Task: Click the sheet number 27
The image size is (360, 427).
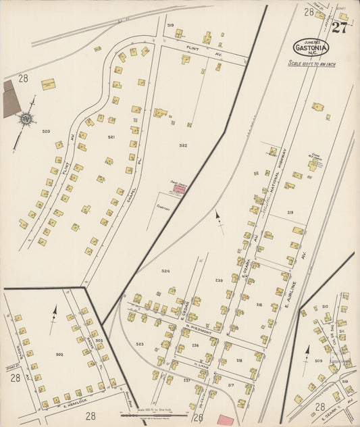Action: (x=339, y=28)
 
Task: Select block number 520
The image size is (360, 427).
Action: (x=46, y=131)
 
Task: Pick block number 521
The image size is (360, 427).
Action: (x=111, y=137)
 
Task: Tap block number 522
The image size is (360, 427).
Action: (x=183, y=145)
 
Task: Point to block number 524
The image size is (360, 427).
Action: (x=165, y=271)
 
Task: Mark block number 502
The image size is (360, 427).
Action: (x=59, y=353)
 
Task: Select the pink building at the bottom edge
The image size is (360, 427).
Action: (x=226, y=421)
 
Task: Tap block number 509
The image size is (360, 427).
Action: (x=319, y=361)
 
